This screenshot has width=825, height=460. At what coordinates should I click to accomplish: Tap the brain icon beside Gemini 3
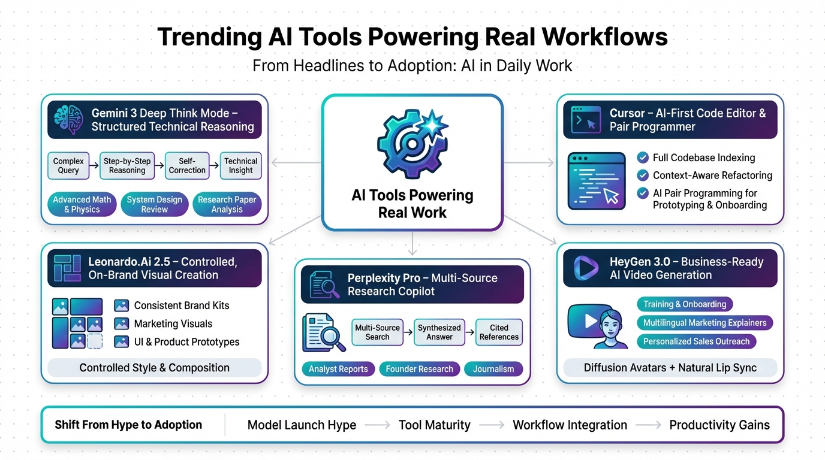[x=68, y=119]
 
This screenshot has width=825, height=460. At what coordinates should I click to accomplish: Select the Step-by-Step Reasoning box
[x=127, y=166]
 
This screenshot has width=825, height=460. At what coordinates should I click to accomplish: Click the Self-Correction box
[x=187, y=166]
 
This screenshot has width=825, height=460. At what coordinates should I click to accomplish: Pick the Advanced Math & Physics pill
[x=82, y=205]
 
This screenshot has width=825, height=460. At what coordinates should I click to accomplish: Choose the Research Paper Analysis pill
[x=227, y=205]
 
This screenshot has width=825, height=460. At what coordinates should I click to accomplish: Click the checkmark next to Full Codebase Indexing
[x=643, y=158]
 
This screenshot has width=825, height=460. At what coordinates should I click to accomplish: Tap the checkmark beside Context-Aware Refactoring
[x=643, y=175]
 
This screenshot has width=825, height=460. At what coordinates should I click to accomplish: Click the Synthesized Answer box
[x=439, y=332]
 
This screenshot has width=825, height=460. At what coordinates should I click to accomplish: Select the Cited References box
[x=499, y=332]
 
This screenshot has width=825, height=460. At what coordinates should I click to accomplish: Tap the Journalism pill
[x=493, y=369]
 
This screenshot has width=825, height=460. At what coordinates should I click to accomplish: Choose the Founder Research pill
[x=419, y=369]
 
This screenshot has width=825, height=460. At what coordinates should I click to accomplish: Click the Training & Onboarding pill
[x=685, y=304]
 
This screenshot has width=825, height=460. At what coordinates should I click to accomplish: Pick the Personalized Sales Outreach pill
[x=696, y=341]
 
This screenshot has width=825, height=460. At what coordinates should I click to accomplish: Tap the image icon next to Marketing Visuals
[x=122, y=324]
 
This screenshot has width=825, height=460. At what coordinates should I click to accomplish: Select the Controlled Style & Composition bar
[x=154, y=368]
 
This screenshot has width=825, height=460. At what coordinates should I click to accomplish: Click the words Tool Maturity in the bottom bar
[x=435, y=425]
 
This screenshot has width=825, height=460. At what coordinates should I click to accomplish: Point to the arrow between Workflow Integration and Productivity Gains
[x=648, y=425]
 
